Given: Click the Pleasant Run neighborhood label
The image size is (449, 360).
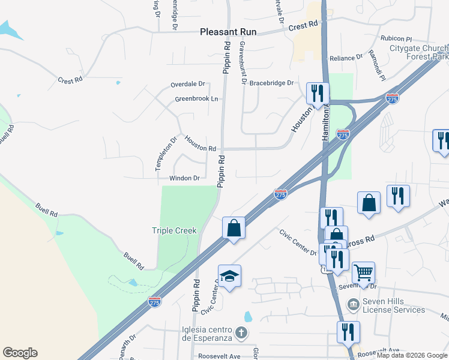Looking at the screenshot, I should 228,33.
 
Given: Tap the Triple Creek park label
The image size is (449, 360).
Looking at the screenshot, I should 174,231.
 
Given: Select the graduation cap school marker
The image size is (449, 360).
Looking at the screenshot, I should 229,276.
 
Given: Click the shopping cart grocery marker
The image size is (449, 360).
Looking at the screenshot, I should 364,273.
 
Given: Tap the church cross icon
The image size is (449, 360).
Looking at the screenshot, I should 241,332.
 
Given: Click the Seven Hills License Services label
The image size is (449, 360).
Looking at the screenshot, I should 394,305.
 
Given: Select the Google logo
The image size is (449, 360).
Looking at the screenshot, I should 20,353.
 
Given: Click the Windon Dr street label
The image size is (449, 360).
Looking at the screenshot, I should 184,178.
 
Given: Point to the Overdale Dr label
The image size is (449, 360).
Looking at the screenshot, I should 188,84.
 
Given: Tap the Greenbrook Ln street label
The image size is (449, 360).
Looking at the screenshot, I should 196,99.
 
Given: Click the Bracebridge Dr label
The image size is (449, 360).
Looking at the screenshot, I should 271,83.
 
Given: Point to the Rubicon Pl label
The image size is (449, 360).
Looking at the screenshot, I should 396,38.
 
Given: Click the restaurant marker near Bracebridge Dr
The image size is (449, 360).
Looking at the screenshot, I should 318,93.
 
